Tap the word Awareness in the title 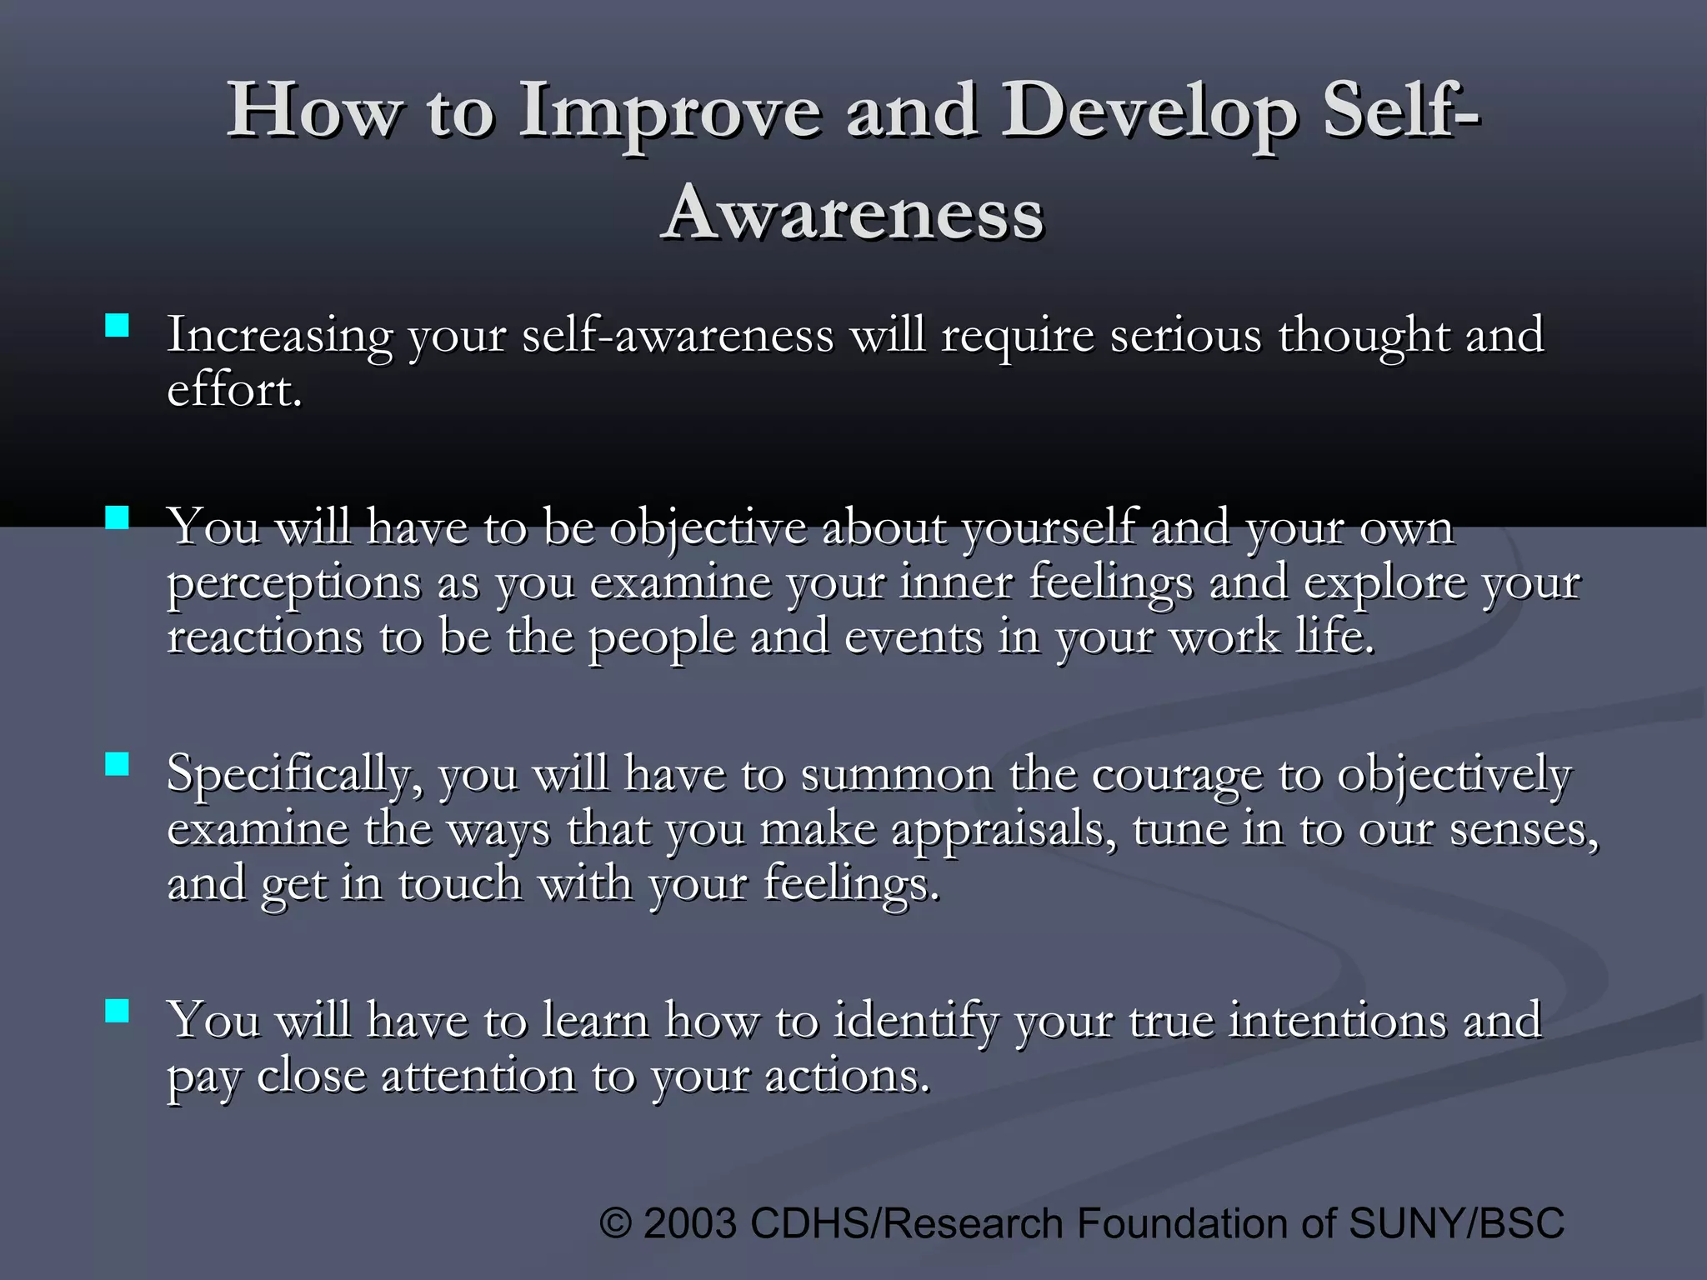point(853,212)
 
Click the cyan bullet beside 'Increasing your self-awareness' point(118,325)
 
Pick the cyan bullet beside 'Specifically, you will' point(118,764)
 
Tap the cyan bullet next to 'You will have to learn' point(118,1011)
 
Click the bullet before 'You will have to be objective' point(118,518)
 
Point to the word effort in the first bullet point(233,390)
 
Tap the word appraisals point(1004,831)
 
